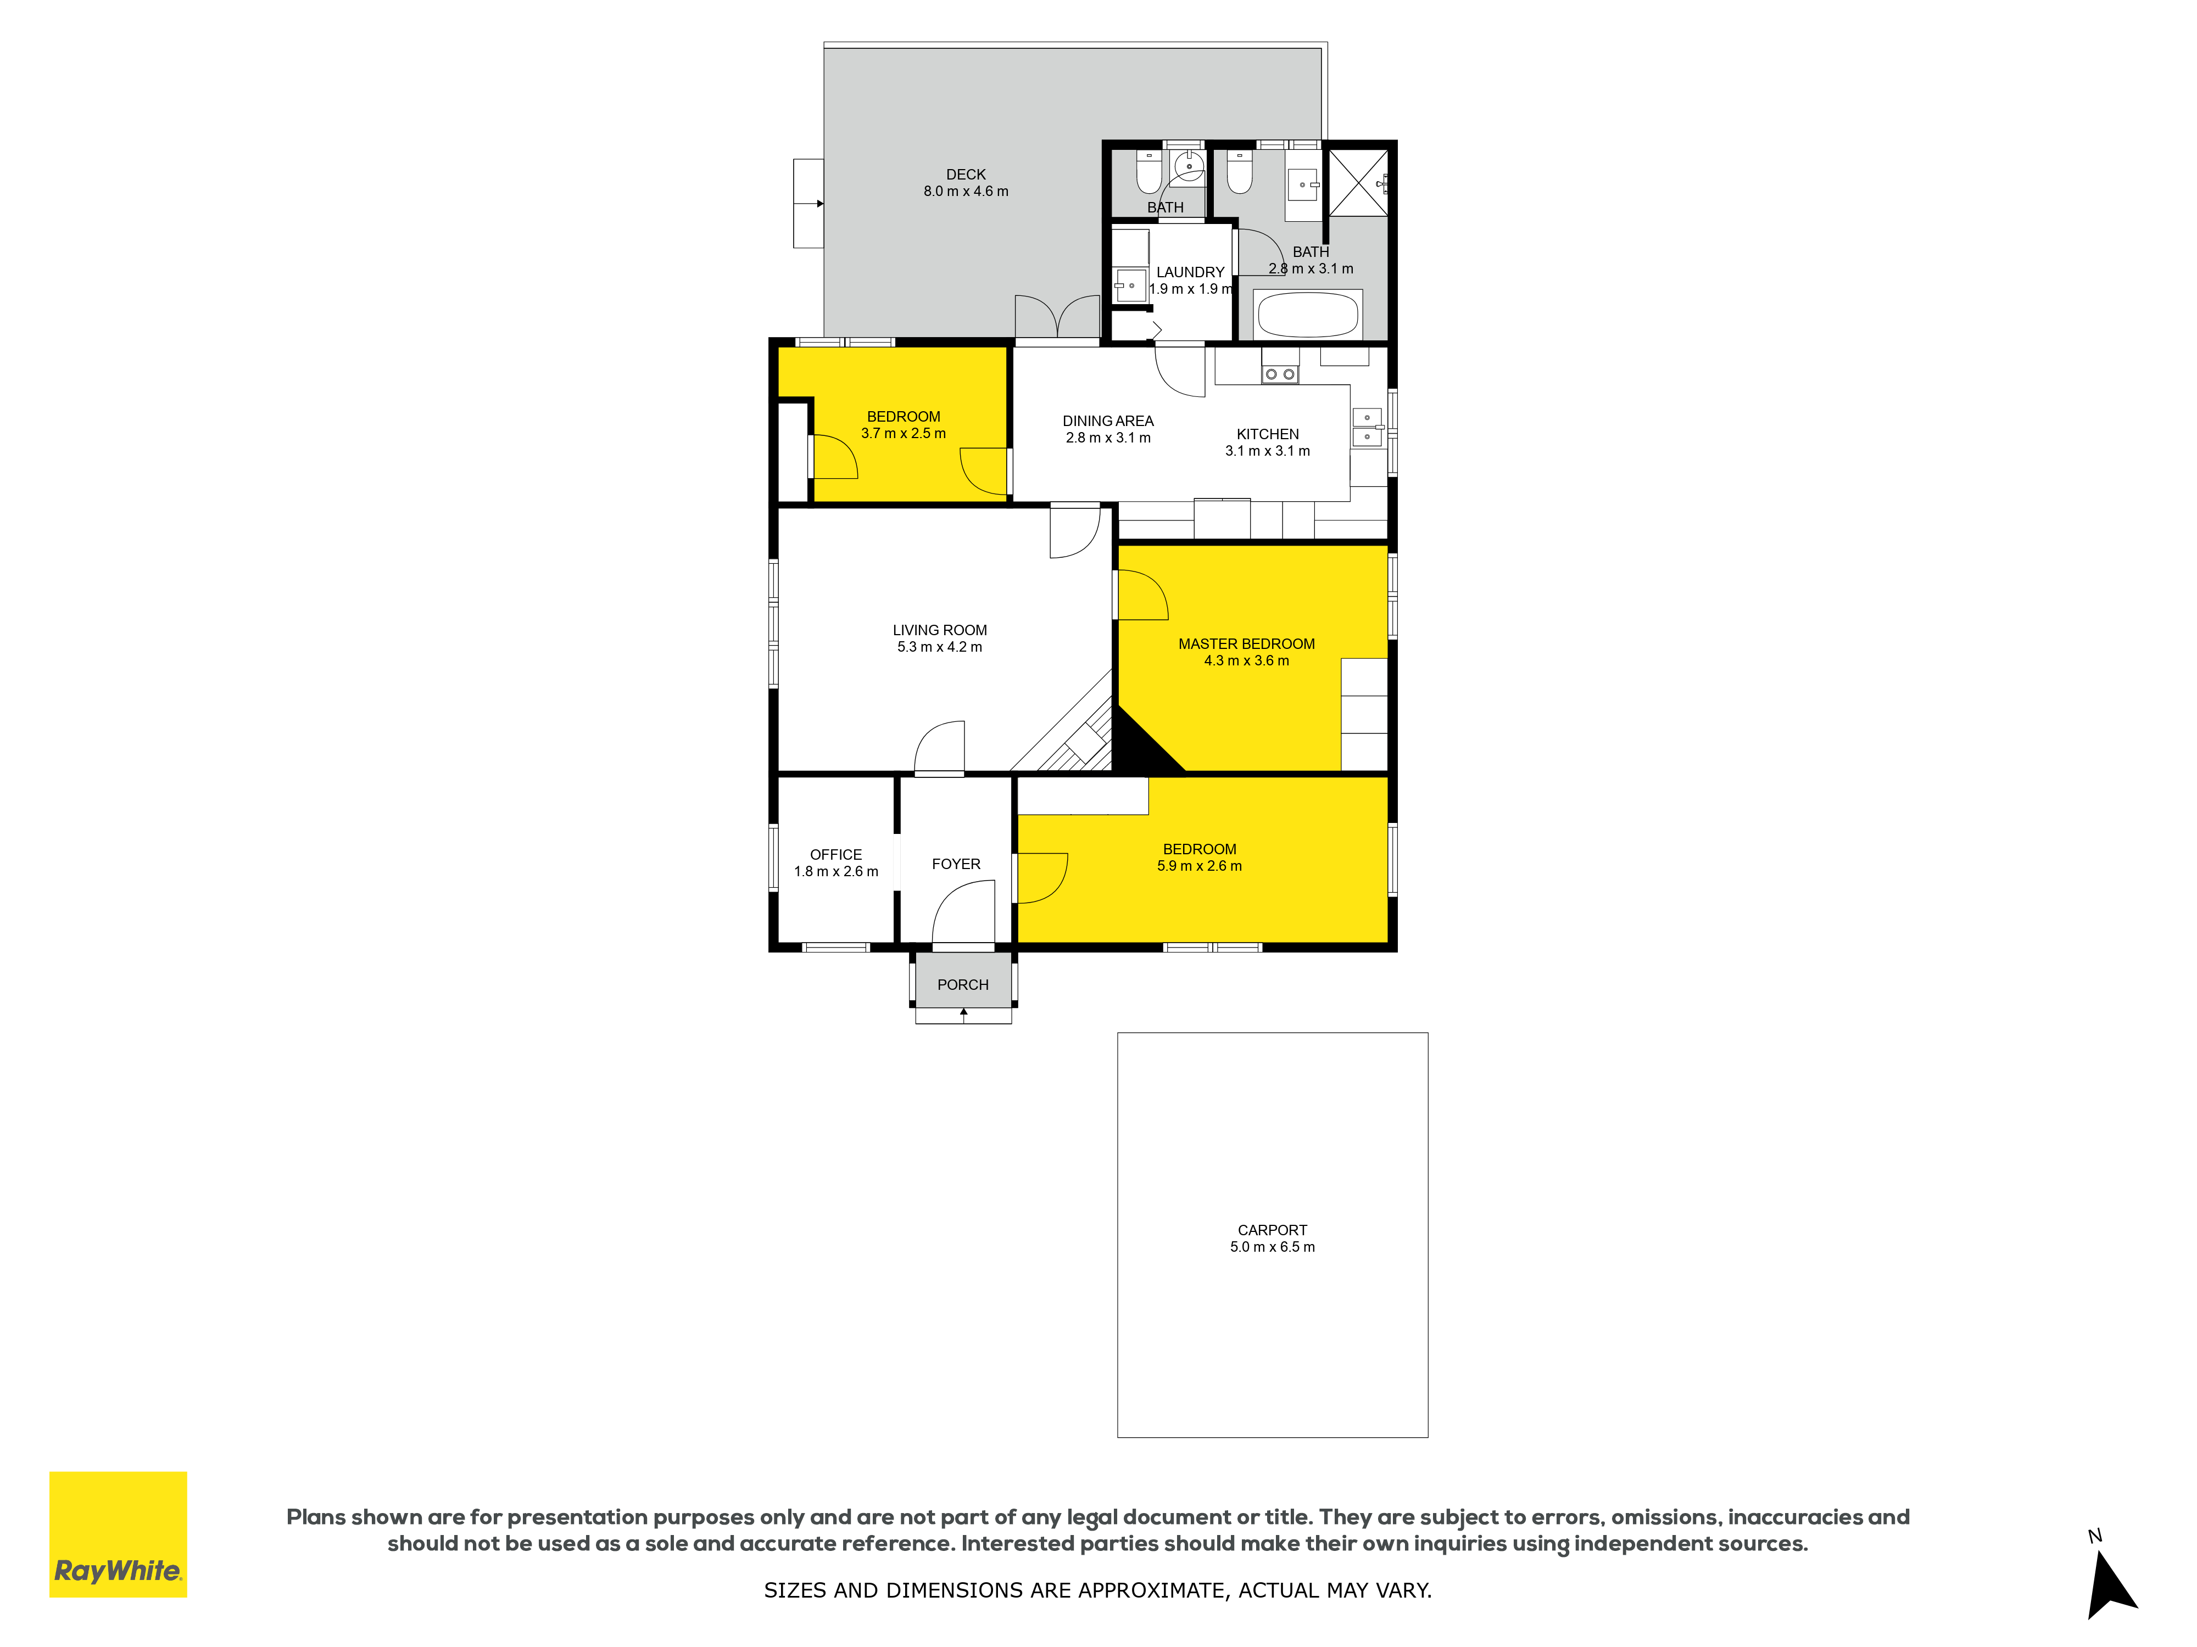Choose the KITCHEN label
(x=1267, y=434)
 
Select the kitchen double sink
(x=1368, y=427)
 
